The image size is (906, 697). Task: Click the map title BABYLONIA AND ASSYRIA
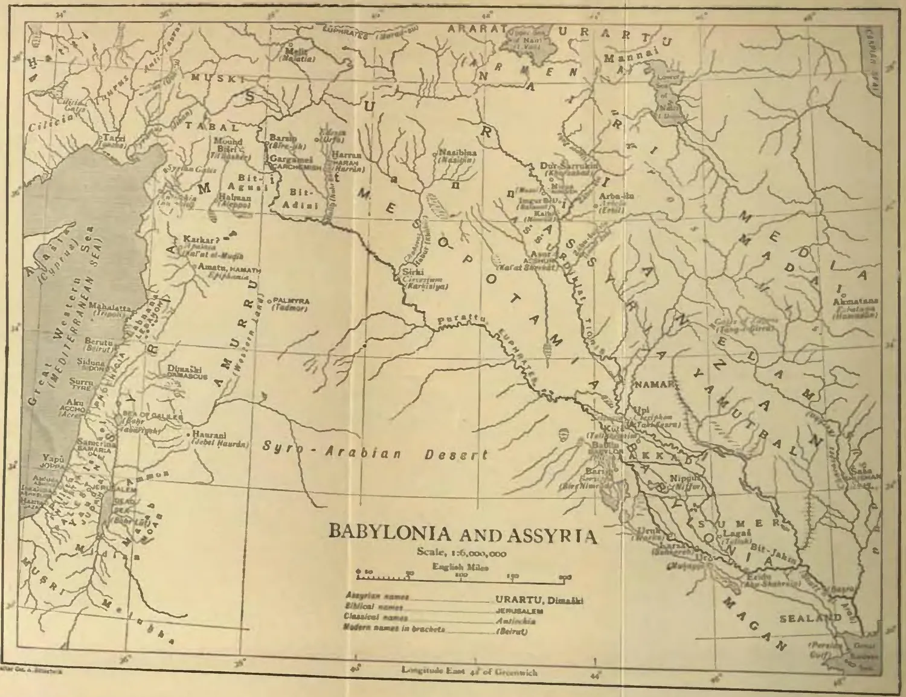tap(462, 534)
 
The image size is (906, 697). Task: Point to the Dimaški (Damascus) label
tap(181, 369)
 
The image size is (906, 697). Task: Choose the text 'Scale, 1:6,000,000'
tap(461, 553)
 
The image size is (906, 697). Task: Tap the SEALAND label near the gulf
tap(809, 619)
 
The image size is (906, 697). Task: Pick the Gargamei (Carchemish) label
tap(286, 158)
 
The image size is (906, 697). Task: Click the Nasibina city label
tap(457, 153)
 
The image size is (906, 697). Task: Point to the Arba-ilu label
tap(616, 196)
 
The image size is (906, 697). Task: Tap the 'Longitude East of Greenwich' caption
tap(469, 671)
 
